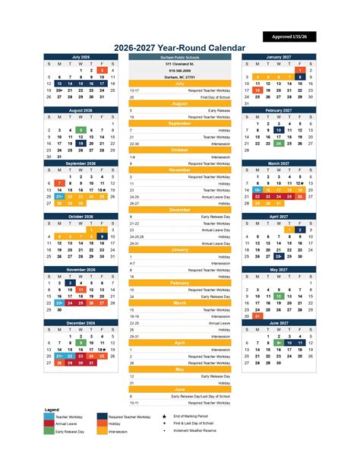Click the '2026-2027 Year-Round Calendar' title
[x=180, y=48]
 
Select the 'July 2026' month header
[x=81, y=57]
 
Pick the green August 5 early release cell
[x=81, y=130]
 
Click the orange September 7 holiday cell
[x=59, y=182]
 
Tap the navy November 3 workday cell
[x=70, y=283]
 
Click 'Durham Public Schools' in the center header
[x=180, y=57]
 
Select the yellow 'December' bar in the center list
[x=180, y=209]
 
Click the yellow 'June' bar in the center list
[x=180, y=388]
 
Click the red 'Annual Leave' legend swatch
[x=49, y=424]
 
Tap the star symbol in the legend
[x=165, y=417]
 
